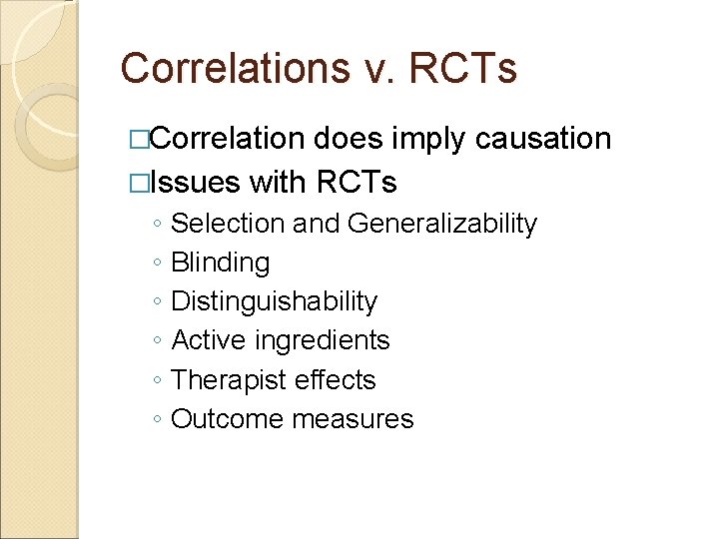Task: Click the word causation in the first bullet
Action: (543, 139)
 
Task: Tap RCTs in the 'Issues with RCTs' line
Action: (356, 183)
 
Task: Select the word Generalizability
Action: (442, 224)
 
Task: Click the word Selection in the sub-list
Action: (228, 224)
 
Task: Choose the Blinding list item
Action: (221, 263)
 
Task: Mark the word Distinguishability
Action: (275, 301)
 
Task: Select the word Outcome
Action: (228, 419)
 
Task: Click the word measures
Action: (353, 419)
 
